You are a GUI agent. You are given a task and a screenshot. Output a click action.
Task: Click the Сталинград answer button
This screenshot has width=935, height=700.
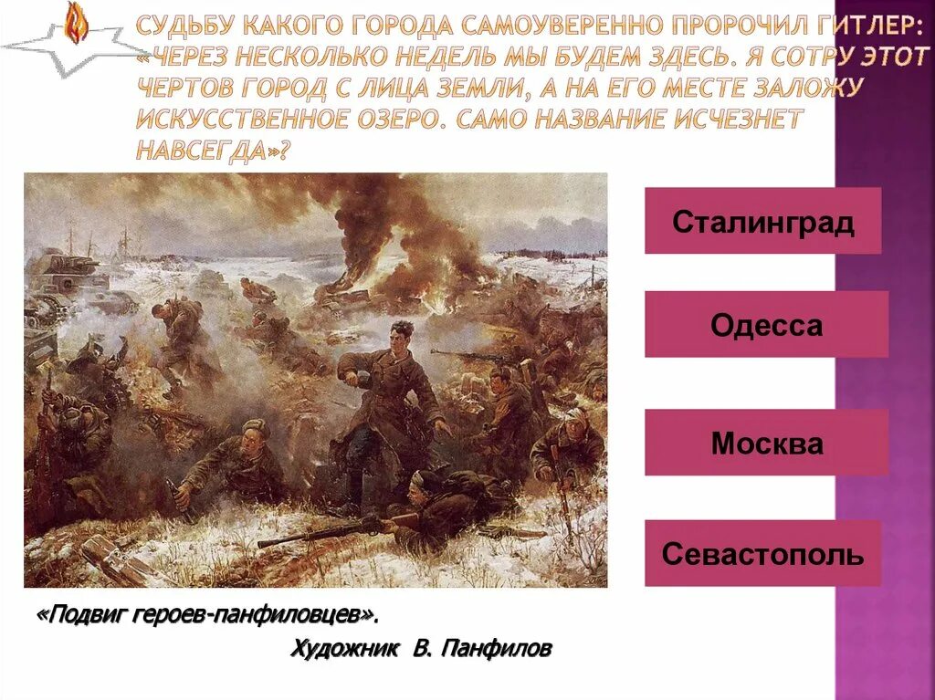point(762,222)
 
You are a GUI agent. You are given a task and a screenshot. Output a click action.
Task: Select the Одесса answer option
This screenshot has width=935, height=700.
point(766,325)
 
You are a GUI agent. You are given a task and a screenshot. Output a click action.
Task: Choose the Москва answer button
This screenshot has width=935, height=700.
point(766,444)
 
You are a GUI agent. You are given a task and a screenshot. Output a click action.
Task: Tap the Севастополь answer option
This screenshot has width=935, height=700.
point(762,554)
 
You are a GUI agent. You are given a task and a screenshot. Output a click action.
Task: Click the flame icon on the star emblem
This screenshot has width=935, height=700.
point(75,22)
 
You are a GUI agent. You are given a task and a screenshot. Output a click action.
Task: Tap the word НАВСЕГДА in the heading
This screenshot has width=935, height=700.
point(206,151)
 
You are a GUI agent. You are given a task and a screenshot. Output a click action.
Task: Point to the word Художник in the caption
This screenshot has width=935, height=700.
point(344,649)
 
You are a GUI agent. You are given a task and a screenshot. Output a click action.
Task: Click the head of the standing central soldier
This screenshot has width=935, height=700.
point(401,331)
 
